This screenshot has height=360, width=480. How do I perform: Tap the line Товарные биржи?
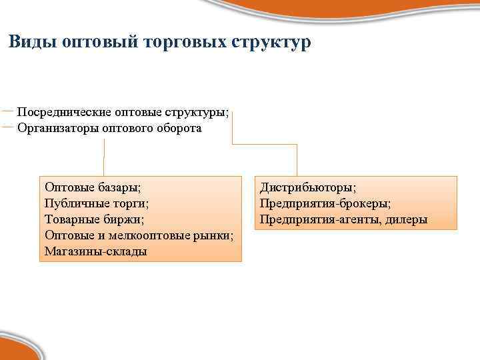point(94,219)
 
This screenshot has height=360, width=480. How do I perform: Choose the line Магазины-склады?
point(96,251)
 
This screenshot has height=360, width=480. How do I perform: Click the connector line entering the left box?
point(104,163)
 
